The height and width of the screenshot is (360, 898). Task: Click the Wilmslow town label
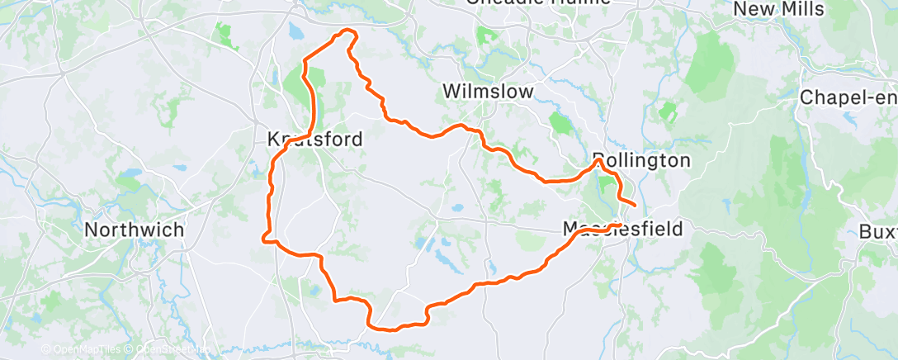(x=488, y=91)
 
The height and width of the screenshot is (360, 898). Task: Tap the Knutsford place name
(x=315, y=140)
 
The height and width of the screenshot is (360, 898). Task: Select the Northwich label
(x=135, y=230)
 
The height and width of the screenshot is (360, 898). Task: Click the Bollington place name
(x=641, y=160)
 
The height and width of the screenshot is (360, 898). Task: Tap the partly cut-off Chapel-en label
(x=848, y=97)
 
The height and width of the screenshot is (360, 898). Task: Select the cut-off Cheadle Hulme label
(x=538, y=2)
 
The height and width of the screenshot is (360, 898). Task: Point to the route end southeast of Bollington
(x=635, y=204)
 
